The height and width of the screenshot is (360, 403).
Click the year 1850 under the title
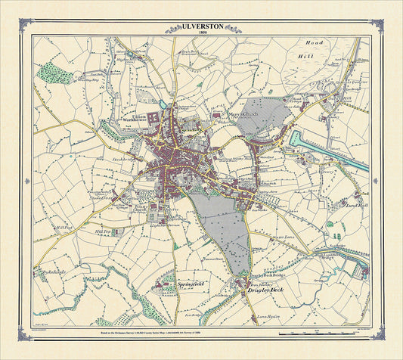[x=201, y=33]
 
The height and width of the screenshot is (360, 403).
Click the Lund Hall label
[x=355, y=205]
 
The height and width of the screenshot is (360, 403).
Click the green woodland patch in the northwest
[x=54, y=73]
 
